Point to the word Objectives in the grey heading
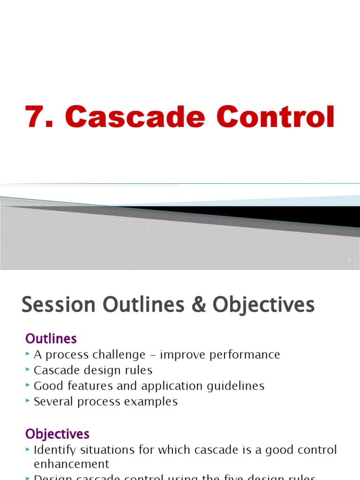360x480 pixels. click(263, 305)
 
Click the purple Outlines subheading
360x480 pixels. click(51, 338)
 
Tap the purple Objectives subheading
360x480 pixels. click(57, 434)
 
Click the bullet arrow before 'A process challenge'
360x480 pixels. click(28, 355)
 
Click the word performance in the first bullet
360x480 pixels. click(244, 355)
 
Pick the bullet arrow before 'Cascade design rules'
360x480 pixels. click(28, 370)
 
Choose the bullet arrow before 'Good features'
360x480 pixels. click(28, 386)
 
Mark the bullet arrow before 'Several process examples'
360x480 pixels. click(28, 401)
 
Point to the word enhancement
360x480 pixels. click(71, 464)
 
